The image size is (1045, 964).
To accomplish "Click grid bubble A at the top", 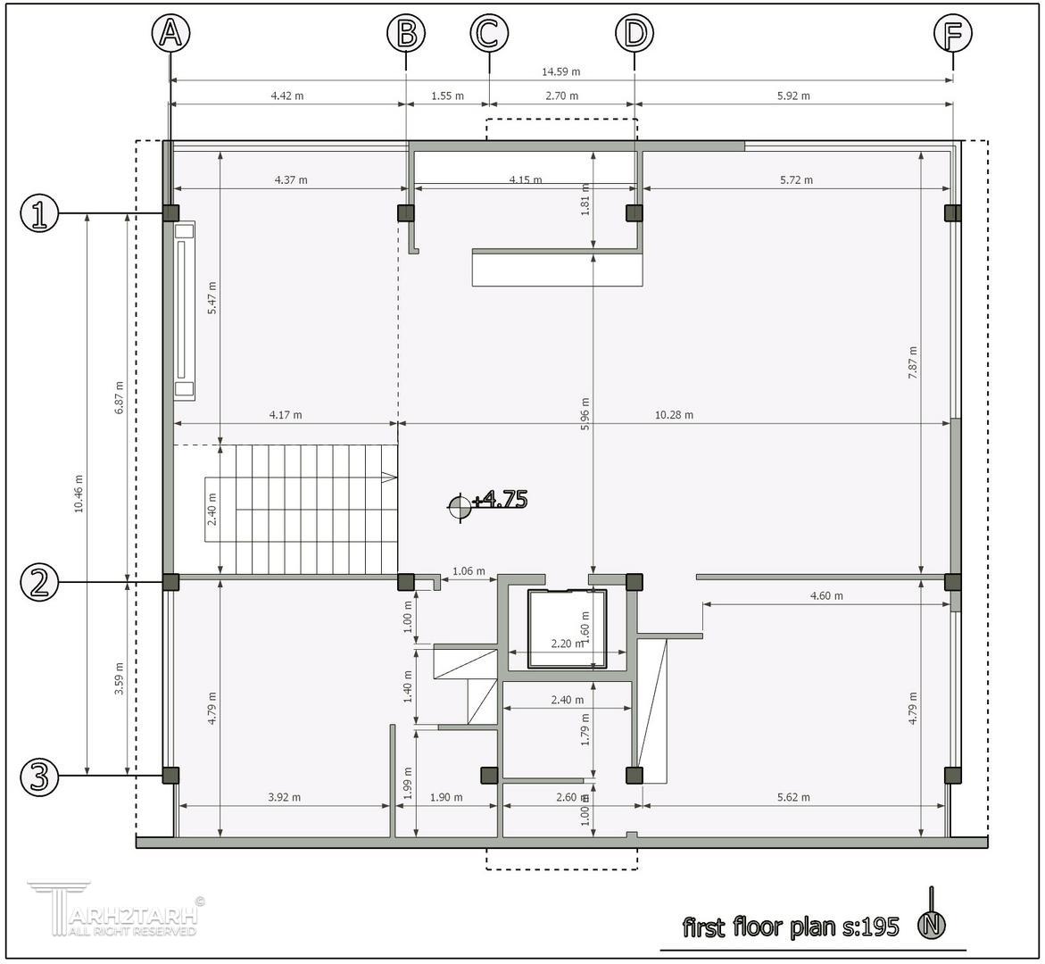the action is point(170,33).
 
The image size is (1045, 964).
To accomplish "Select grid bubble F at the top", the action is point(952,33).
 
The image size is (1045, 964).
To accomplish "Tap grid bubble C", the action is point(489,33).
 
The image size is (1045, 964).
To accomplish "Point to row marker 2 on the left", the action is point(40,583).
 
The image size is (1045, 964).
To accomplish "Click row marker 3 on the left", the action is point(40,777).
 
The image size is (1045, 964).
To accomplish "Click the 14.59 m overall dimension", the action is point(560,71).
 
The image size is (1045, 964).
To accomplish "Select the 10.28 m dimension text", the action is point(674,415).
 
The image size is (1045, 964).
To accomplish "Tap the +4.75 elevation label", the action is point(500,499).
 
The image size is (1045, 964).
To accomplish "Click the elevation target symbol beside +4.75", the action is point(460,507).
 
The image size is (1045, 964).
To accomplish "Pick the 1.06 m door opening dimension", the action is point(469,570).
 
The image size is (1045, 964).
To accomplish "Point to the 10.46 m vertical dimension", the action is point(79,494).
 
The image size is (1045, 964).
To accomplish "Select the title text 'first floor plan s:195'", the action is point(791,927).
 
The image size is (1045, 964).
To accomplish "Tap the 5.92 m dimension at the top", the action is point(793,96).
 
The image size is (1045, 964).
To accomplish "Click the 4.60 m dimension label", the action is point(826,595).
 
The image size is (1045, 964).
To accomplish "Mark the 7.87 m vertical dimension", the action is point(912,363).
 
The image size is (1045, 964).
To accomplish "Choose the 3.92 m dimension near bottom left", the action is point(284,797).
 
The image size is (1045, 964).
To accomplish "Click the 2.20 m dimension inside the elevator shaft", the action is point(568,644).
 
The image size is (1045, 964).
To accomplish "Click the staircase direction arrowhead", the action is point(389,478).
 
